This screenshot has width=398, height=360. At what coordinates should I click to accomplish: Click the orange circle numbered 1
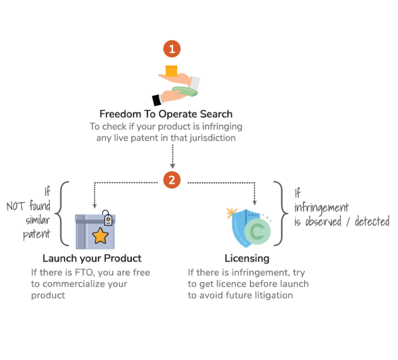click(x=172, y=49)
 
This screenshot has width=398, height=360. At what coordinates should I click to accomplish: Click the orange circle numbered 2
click(x=172, y=180)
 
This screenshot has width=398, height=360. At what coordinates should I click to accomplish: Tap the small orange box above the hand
click(x=171, y=70)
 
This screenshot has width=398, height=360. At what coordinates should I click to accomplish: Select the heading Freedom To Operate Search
click(x=166, y=114)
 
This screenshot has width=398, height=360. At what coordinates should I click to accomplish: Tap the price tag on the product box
click(x=107, y=219)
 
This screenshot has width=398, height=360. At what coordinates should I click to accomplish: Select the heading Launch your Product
click(x=92, y=258)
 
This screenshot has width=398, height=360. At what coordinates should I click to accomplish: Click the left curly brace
click(x=61, y=214)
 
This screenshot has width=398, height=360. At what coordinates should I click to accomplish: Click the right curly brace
click(x=280, y=214)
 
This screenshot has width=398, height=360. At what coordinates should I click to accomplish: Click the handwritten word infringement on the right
click(x=321, y=207)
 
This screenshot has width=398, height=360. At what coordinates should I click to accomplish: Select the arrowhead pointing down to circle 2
click(x=172, y=166)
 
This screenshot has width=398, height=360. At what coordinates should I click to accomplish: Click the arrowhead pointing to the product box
click(x=95, y=205)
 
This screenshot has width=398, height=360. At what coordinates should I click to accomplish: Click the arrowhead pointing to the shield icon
click(x=255, y=202)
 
